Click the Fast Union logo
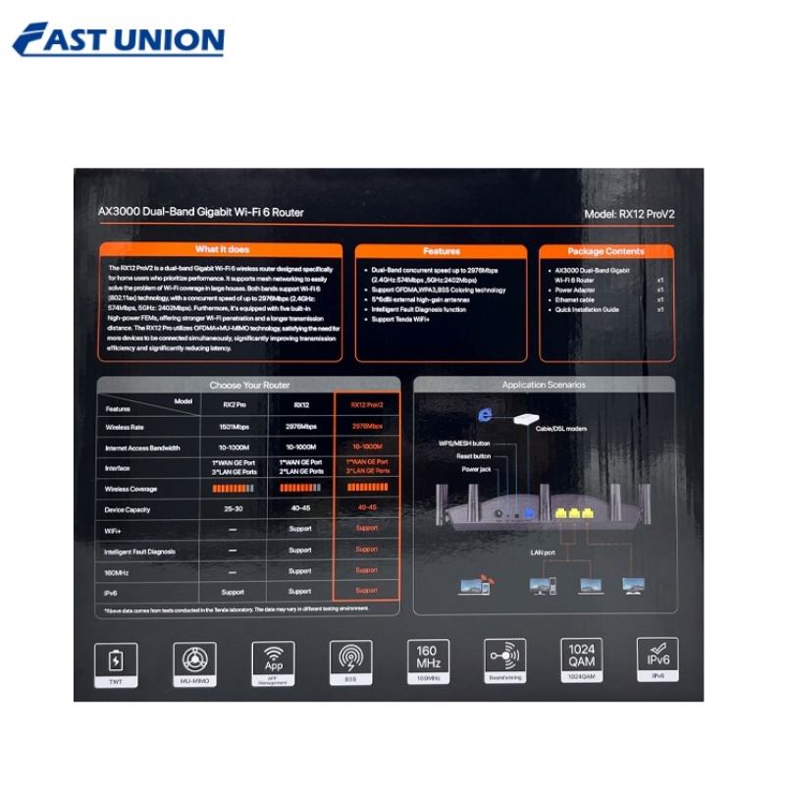[x=119, y=39]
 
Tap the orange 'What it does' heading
[x=222, y=250]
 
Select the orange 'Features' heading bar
[x=441, y=251]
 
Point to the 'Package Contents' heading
[x=605, y=251]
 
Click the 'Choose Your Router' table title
[x=249, y=385]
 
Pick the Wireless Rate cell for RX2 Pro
[x=233, y=427]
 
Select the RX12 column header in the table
[x=299, y=402]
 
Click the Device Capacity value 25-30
[x=233, y=507]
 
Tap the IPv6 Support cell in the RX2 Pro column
[x=233, y=592]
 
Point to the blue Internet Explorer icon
[x=484, y=415]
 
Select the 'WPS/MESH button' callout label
[x=463, y=444]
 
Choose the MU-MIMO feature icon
[x=193, y=658]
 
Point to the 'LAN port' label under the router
[x=544, y=552]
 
